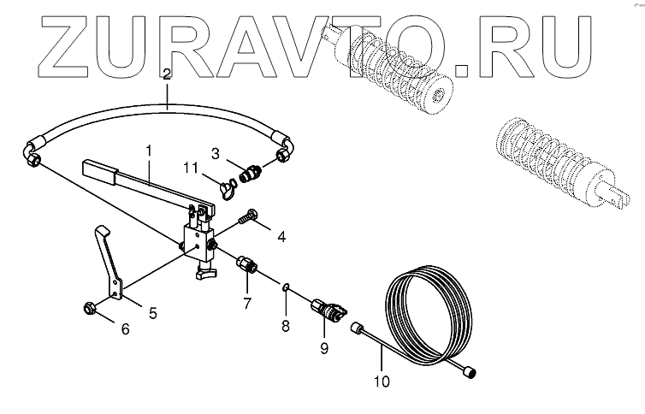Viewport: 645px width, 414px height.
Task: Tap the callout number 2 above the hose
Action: tap(167, 74)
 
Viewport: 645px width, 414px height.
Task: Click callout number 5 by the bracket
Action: tap(153, 312)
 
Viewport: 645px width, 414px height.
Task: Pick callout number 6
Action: tap(125, 328)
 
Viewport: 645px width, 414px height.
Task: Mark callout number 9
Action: tap(324, 348)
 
